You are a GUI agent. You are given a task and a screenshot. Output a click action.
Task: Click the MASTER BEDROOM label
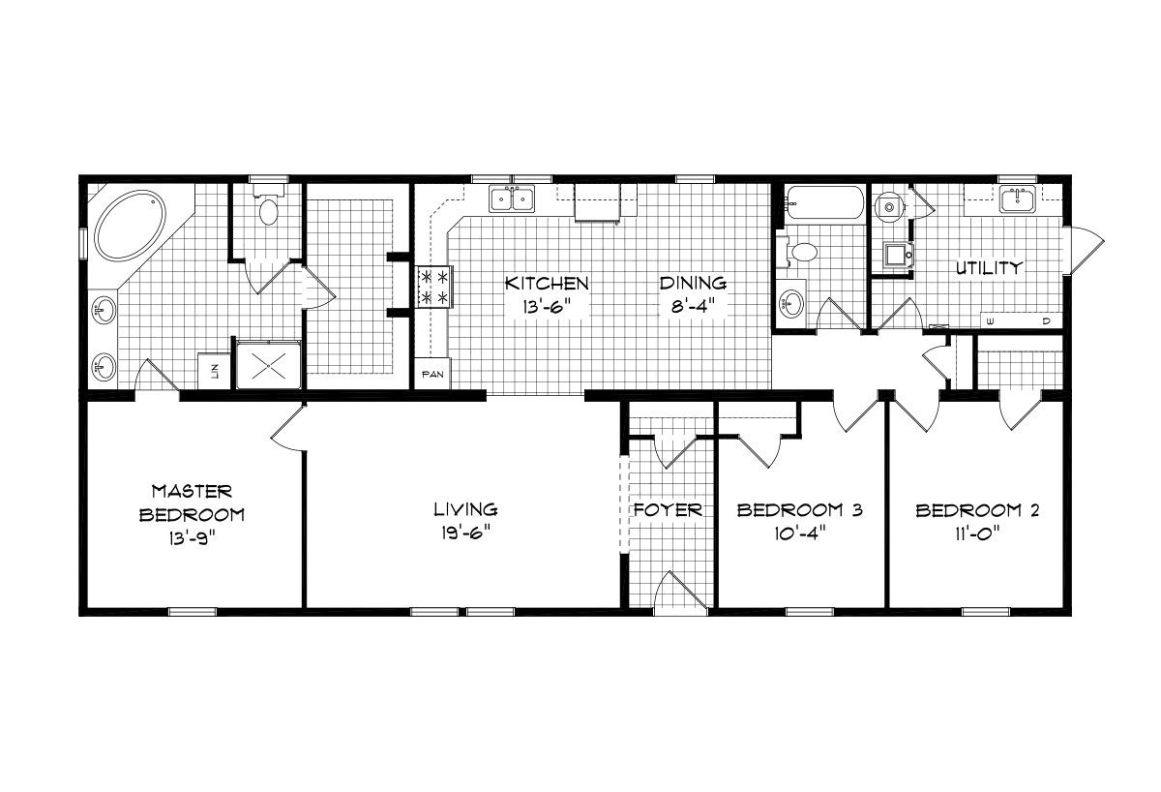tap(191, 503)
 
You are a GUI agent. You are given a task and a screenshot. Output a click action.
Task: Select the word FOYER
tap(667, 510)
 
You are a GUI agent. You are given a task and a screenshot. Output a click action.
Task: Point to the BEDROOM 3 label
tap(799, 510)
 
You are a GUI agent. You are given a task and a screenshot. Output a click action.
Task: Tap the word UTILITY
tap(988, 268)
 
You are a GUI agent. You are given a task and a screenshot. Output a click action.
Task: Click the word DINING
tap(693, 283)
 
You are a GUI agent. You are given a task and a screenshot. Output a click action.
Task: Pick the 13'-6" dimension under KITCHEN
tap(546, 307)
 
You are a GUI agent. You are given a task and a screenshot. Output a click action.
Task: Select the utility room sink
tap(1018, 200)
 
